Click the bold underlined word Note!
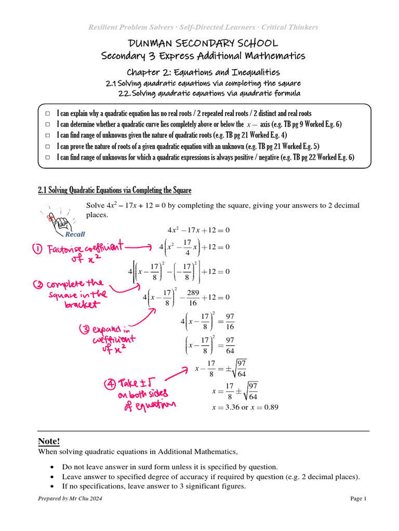pos(49,441)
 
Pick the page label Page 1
pos(358,499)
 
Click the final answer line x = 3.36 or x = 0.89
pos(245,407)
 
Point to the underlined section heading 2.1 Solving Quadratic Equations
pos(115,190)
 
